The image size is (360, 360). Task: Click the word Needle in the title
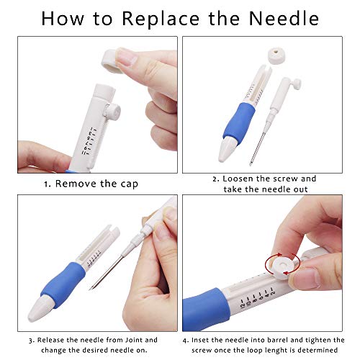pyautogui.click(x=284, y=18)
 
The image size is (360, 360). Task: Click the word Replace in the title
pyautogui.click(x=161, y=19)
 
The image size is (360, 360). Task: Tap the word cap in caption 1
pyautogui.click(x=130, y=184)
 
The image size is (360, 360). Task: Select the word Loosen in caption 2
pyautogui.click(x=238, y=179)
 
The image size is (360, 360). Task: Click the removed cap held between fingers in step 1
pyautogui.click(x=112, y=61)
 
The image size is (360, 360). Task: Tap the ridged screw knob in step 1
pyautogui.click(x=113, y=112)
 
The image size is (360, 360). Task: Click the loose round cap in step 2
pyautogui.click(x=276, y=56)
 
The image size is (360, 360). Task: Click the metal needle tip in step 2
pyautogui.click(x=251, y=164)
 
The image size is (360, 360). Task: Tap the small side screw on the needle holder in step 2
pyautogui.click(x=297, y=84)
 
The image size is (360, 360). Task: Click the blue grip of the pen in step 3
pyautogui.click(x=63, y=284)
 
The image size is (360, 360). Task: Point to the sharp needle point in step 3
pyautogui.click(x=90, y=289)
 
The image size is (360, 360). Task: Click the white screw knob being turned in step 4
pyautogui.click(x=284, y=266)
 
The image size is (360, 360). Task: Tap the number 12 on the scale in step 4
pyautogui.click(x=243, y=304)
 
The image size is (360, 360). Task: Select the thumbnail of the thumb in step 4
pyautogui.click(x=306, y=278)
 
